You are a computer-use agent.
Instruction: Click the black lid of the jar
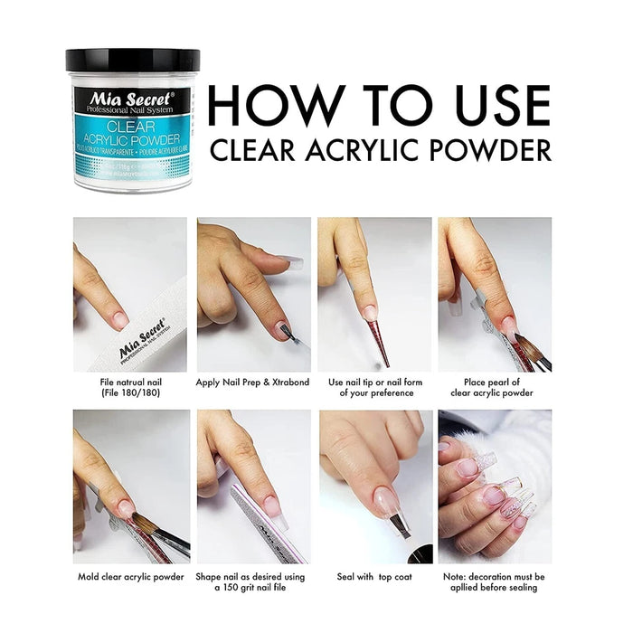[132, 61]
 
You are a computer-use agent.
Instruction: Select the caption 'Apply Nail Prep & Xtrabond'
[252, 383]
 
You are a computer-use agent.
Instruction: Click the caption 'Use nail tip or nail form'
[374, 383]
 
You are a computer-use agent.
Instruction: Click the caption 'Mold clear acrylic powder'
[130, 576]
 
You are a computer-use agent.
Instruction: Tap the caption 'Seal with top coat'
[374, 576]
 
